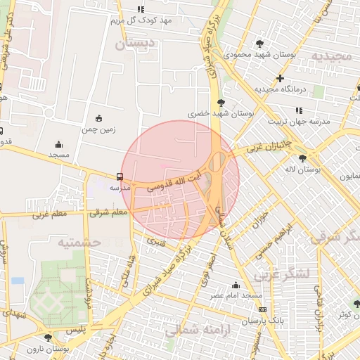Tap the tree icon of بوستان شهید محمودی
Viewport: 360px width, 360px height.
[x=260, y=44]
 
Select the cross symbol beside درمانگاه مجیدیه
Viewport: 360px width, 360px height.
[x=281, y=78]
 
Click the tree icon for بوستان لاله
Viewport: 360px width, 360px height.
[x=302, y=158]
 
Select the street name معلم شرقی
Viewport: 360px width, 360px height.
[x=108, y=212]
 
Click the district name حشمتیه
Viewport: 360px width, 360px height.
[x=79, y=243]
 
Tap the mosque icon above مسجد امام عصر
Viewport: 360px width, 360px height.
[x=235, y=285]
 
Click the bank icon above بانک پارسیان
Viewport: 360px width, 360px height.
[x=262, y=309]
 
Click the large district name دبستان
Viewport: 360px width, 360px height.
[x=133, y=44]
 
